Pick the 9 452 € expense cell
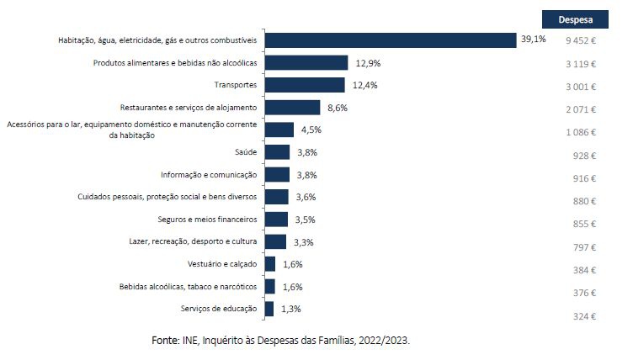(x=580, y=40)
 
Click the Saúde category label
(x=246, y=152)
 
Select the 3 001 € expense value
(x=580, y=86)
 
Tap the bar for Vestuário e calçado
(x=269, y=264)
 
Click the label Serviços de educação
(x=219, y=309)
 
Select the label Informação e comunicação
(x=209, y=175)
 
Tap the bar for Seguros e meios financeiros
(x=276, y=220)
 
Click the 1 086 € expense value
(x=580, y=132)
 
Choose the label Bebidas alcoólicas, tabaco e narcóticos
(x=189, y=287)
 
